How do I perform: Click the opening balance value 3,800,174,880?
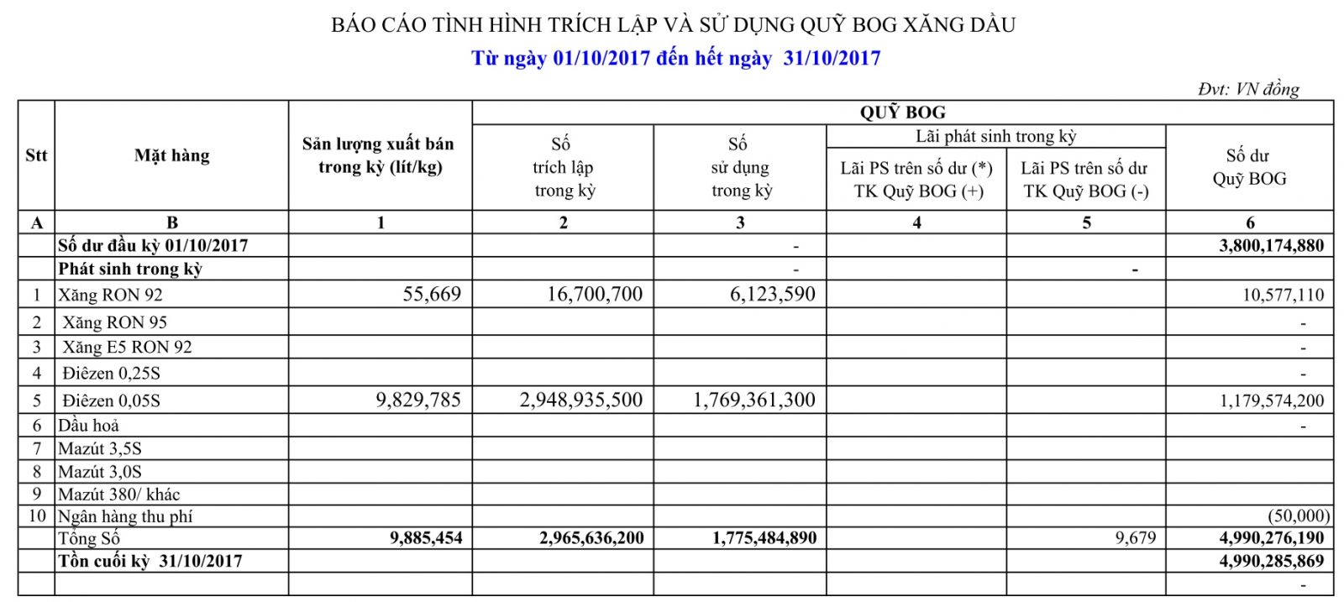pyautogui.click(x=1271, y=246)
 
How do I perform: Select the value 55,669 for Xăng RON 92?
pyautogui.click(x=432, y=295)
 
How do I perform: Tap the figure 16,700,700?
pyautogui.click(x=595, y=295)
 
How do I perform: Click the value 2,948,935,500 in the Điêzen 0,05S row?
pyautogui.click(x=581, y=400)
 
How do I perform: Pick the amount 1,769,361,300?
pyautogui.click(x=754, y=400)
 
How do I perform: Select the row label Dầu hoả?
pyautogui.click(x=88, y=426)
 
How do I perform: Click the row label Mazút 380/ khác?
pyautogui.click(x=118, y=495)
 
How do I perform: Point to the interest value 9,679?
pyautogui.click(x=1136, y=538)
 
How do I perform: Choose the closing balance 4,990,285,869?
pyautogui.click(x=1271, y=561)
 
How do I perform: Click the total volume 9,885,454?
pyautogui.click(x=426, y=538)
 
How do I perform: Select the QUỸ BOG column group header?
pyautogui.click(x=902, y=113)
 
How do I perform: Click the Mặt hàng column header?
pyautogui.click(x=172, y=155)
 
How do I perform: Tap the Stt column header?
pyautogui.click(x=36, y=155)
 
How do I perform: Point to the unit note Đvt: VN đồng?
pyautogui.click(x=1248, y=89)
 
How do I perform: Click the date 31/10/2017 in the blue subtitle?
pyautogui.click(x=832, y=58)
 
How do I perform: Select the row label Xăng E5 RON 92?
pyautogui.click(x=127, y=348)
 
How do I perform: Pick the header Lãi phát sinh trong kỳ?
pyautogui.click(x=995, y=136)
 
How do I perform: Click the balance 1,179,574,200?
pyautogui.click(x=1271, y=401)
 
